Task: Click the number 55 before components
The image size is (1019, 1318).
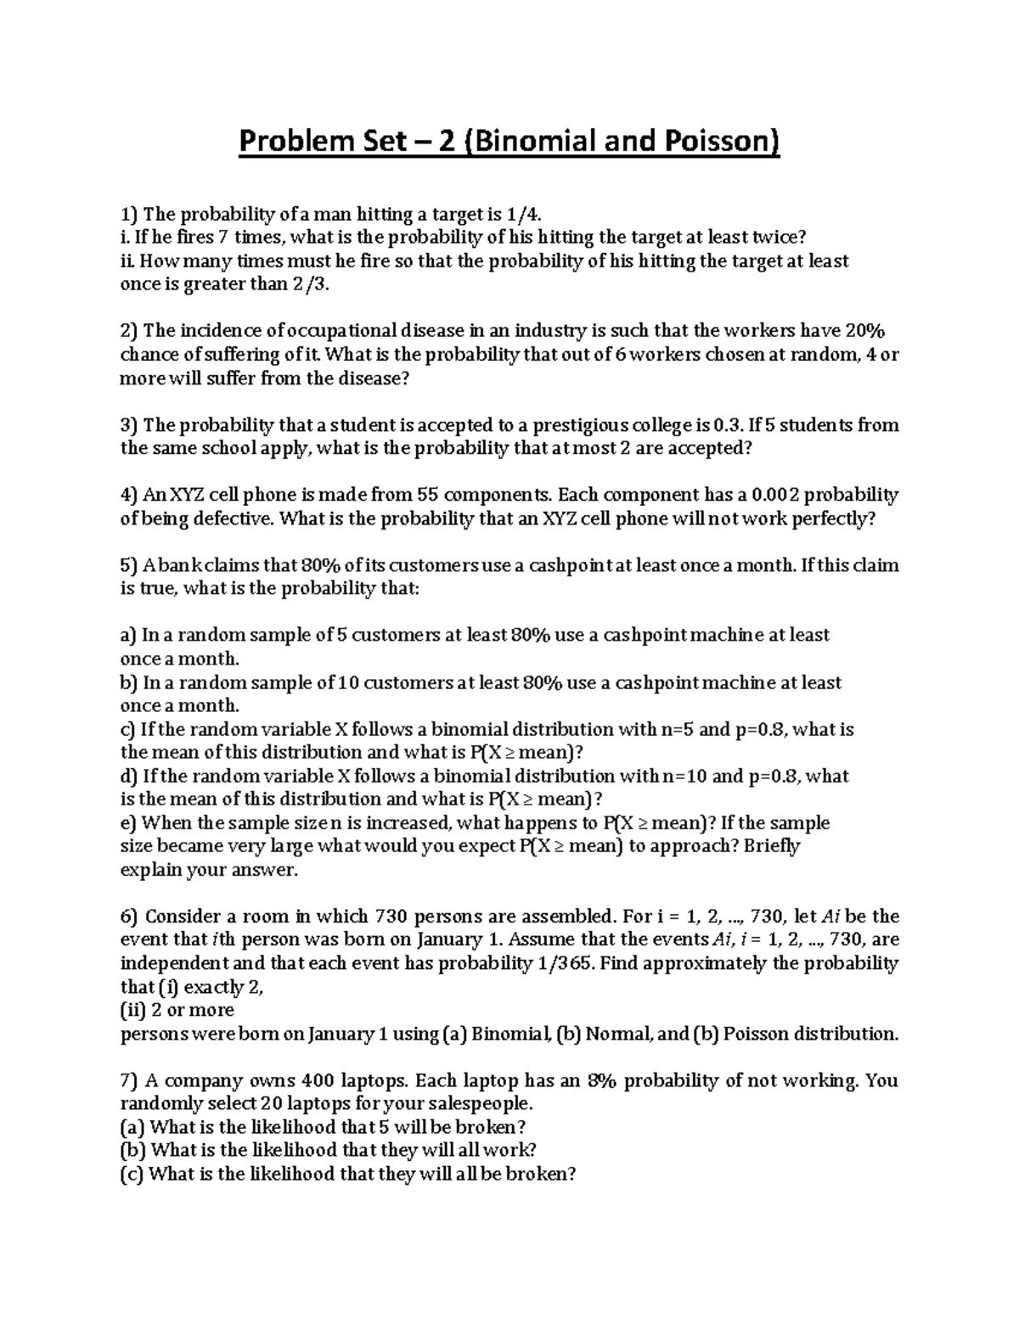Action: (x=427, y=495)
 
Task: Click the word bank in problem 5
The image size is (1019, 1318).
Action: (x=181, y=565)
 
